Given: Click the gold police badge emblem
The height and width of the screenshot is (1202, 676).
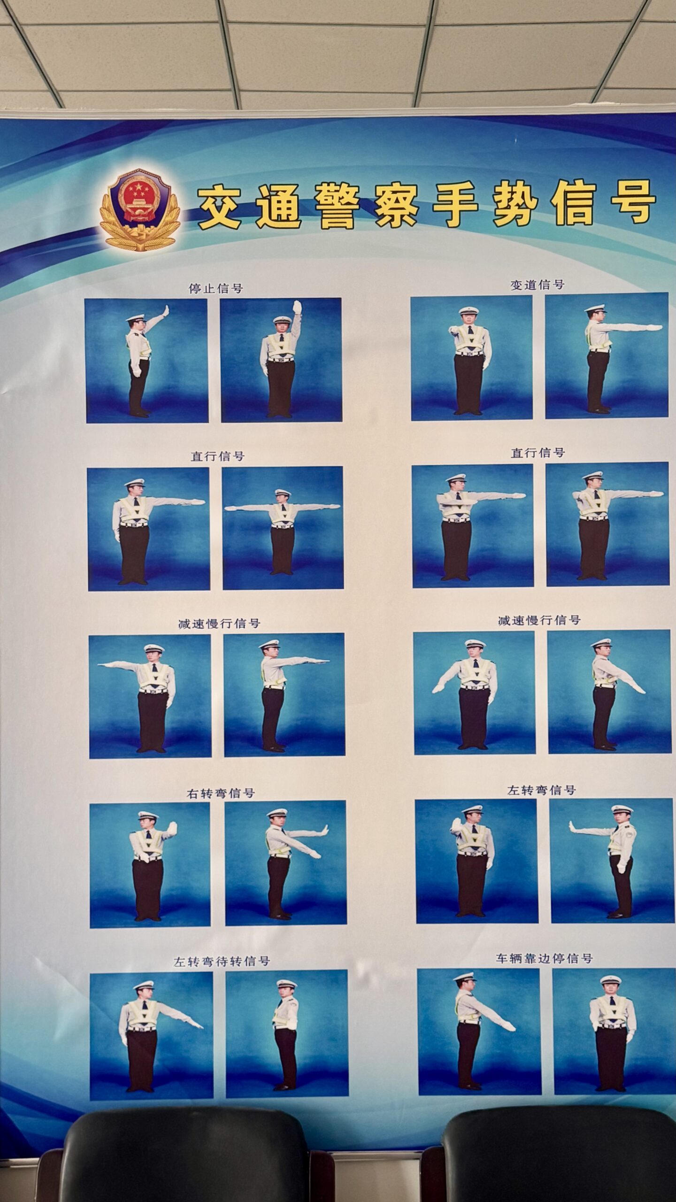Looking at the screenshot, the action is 140,209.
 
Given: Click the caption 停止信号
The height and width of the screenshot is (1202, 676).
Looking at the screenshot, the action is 216,288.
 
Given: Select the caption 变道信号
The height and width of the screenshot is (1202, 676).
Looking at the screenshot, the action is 538,285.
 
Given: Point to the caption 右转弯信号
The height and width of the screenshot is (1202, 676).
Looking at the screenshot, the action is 221,793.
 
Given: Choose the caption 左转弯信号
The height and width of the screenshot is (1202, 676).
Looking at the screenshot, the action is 541,790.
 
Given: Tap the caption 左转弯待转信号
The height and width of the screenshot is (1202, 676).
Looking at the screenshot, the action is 222,961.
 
